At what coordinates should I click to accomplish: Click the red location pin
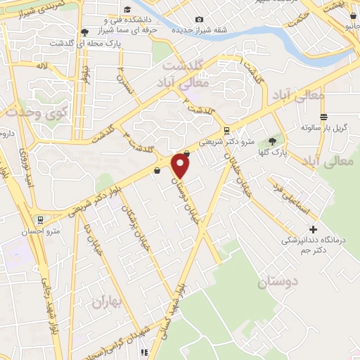[181, 165]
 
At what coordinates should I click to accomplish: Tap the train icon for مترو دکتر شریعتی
[226, 130]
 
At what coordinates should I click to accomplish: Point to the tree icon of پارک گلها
[272, 141]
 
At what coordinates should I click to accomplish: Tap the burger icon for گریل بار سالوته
[323, 117]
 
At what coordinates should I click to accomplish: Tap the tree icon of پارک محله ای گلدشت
[84, 32]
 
